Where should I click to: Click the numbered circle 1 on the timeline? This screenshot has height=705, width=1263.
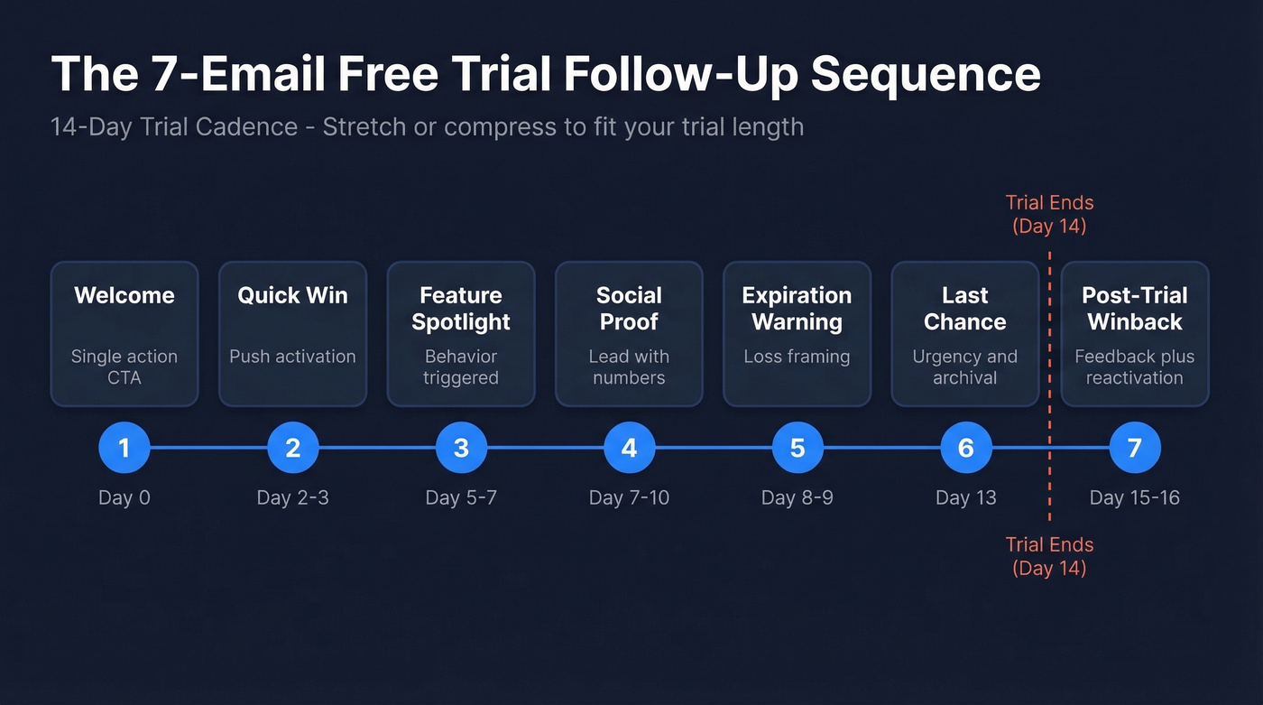124,448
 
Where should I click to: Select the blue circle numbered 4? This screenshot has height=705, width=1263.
629,448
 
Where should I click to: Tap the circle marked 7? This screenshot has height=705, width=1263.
1134,448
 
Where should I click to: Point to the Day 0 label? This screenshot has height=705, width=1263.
124,497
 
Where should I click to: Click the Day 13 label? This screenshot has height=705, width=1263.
965,497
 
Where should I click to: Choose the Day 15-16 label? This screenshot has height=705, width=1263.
1134,497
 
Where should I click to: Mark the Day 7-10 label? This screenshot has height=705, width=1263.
629,497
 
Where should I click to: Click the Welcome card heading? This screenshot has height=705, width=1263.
124,295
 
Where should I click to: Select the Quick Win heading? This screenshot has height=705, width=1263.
292,295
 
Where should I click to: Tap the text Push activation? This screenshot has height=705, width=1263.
292,357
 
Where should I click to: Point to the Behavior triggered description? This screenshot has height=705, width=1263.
461,366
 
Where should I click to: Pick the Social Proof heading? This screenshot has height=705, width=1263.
629,309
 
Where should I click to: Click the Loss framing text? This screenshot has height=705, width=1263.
797,357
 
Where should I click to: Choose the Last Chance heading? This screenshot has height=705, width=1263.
965,309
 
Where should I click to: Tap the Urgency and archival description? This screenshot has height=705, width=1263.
965,366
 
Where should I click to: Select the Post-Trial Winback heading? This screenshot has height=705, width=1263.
1134,309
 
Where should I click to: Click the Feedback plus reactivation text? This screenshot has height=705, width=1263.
1134,366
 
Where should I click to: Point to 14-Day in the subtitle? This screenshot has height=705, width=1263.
91,126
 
